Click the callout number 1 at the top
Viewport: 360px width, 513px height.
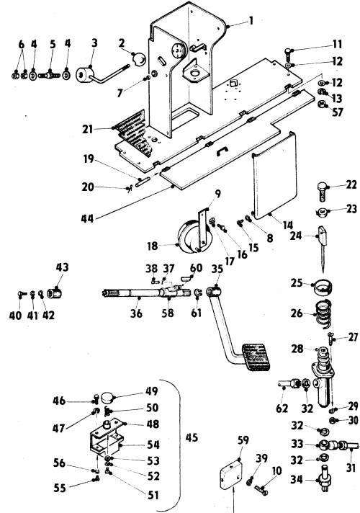[251, 21]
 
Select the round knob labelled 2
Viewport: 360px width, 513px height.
[140, 59]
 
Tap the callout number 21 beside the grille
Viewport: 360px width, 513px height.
[87, 129]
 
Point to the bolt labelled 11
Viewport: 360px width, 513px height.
[287, 55]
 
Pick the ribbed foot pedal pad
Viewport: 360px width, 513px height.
[256, 357]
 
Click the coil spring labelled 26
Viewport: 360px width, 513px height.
[323, 313]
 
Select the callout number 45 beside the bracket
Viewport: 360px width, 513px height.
[192, 437]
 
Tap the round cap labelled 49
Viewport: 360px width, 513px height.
[108, 398]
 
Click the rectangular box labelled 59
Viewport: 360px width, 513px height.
[230, 474]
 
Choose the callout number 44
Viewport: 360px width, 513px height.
[87, 218]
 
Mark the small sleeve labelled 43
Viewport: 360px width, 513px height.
[54, 293]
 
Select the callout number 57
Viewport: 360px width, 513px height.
[338, 112]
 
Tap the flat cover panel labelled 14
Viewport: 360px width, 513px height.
[274, 175]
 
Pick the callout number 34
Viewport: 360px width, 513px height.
[297, 479]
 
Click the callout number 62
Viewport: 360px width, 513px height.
[282, 409]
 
